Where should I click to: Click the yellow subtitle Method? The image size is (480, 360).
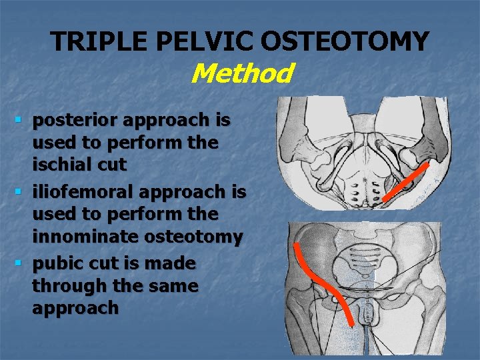tap(241, 73)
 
